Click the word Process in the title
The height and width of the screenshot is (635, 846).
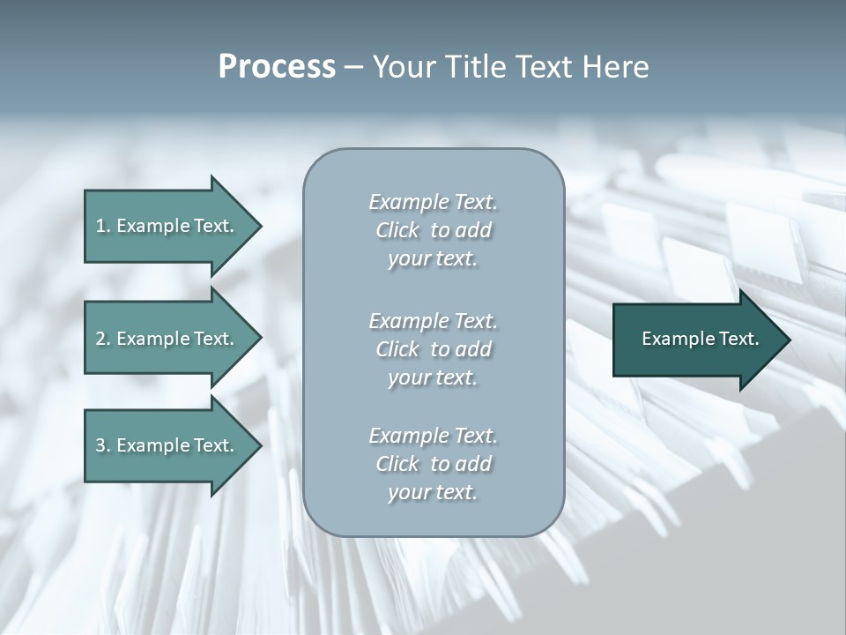pos(277,67)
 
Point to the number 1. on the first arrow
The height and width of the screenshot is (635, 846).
pos(103,226)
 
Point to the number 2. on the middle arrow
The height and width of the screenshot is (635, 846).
pos(103,339)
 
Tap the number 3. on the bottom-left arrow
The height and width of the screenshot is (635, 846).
pos(103,445)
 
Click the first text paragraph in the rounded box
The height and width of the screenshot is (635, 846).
pos(433,230)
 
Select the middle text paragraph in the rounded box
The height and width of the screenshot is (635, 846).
pos(433,349)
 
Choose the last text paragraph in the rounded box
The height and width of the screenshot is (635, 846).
pos(433,464)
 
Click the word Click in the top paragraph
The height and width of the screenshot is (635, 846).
pos(397,230)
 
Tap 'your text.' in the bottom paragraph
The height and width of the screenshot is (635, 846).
pos(433,492)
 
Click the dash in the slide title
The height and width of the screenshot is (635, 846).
pos(353,67)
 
